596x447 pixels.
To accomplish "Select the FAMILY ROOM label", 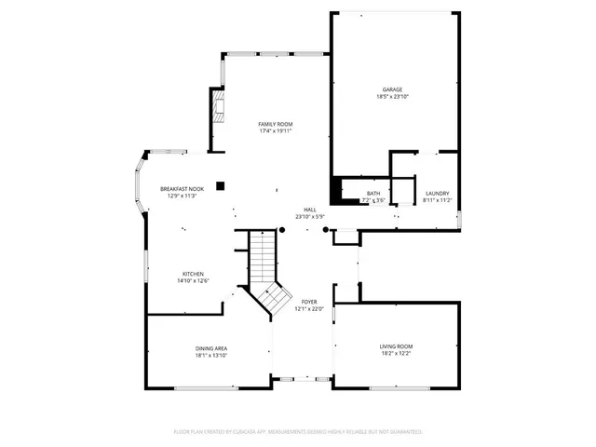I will pos(276,124).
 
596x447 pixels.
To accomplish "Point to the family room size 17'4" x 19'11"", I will pos(276,131).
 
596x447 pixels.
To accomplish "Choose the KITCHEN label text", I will pos(193,274).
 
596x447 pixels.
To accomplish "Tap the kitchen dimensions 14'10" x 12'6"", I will pos(193,281).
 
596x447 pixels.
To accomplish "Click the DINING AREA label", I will pos(211,346).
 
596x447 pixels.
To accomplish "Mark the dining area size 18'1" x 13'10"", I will pos(211,354).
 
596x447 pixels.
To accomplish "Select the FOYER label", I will pos(310,303).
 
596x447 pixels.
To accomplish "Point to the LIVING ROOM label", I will pos(396,345).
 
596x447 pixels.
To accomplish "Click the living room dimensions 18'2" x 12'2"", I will pos(396,353).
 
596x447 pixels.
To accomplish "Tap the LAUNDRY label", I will pos(437,193).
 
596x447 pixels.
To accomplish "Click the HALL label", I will pos(310,210).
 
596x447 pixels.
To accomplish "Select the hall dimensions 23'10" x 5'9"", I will pos(310,217).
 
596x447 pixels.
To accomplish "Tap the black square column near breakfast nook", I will pos(220,185).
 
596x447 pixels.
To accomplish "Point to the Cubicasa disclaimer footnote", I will pos(298,432).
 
